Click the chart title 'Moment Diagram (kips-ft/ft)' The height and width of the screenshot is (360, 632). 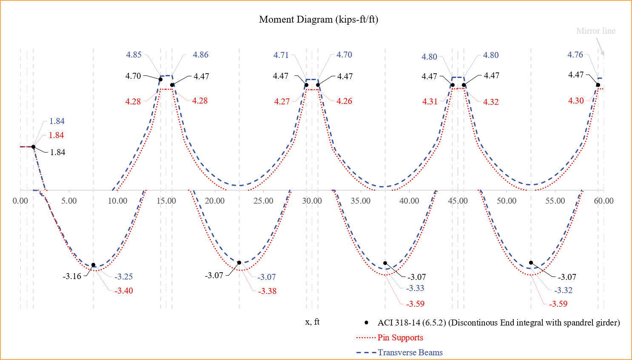point(319,20)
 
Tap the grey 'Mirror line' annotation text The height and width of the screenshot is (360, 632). point(595,31)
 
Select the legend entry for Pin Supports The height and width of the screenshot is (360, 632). point(400,337)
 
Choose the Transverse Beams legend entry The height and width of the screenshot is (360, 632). point(410,352)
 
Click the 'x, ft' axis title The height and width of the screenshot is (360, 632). point(312,322)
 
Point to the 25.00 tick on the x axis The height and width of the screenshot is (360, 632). point(263,201)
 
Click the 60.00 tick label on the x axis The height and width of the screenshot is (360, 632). point(604,201)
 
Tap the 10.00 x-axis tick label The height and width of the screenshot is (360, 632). point(117,201)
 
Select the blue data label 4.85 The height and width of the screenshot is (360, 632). point(134,55)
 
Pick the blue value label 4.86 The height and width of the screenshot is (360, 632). point(200,55)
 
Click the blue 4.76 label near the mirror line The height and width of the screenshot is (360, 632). point(575,55)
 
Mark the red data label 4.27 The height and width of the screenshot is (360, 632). point(282,101)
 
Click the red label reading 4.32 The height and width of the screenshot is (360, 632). point(490,102)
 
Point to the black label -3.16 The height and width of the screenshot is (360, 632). point(72,276)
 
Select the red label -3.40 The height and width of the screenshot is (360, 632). point(123,291)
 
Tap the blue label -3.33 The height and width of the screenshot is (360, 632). point(415,288)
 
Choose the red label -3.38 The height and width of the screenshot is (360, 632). point(267,291)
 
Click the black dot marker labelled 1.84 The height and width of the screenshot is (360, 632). point(33,147)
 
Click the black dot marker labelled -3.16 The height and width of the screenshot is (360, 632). point(94,265)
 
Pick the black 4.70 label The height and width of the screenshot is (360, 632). point(133,76)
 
